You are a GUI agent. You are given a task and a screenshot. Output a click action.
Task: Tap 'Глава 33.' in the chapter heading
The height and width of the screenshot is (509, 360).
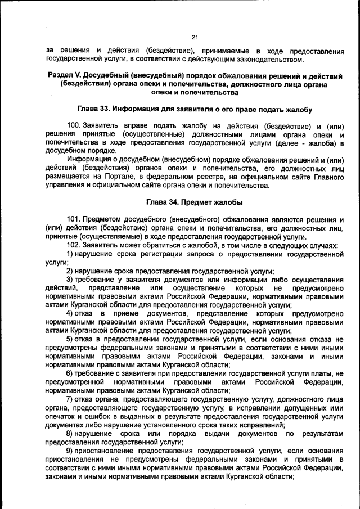(94, 109)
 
